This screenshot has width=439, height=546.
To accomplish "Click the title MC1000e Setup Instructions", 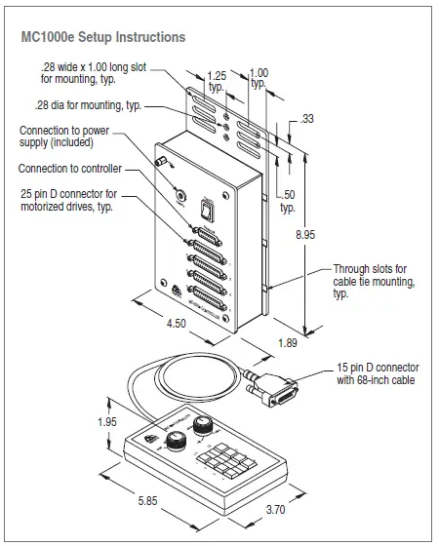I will pos(102,37).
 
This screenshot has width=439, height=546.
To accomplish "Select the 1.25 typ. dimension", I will pos(218,79).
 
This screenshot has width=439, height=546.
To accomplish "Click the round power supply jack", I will pos(179,193).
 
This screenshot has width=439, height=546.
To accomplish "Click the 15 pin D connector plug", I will pos(274,389).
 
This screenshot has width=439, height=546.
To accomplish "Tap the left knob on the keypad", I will pos(179,442).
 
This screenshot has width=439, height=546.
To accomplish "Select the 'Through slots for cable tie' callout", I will pos(375,281).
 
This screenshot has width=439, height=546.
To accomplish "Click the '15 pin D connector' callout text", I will pos(376,373).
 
